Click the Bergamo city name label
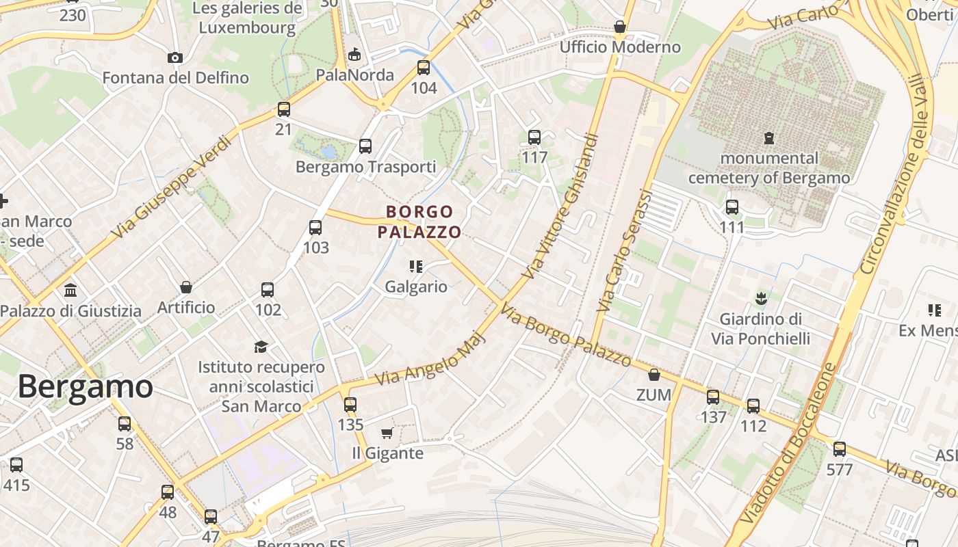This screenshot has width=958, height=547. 85,387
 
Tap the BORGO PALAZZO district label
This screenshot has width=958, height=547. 419,222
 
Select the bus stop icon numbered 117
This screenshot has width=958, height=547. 534,137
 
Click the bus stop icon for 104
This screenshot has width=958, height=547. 424,68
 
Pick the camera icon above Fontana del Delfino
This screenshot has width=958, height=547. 175,57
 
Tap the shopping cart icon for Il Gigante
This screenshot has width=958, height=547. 387,433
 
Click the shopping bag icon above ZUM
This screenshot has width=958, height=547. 654,375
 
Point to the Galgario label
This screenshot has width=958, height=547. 416,286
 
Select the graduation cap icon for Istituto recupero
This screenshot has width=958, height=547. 261,347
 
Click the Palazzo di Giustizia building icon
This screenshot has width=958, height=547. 70,291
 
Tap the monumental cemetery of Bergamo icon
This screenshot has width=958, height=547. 769,138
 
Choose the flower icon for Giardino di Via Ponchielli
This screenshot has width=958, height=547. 760,298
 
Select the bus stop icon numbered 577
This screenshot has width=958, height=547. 840,449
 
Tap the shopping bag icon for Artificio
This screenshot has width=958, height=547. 185,287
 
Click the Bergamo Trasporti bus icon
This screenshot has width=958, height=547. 365,146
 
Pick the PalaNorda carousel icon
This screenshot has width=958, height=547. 354,54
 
